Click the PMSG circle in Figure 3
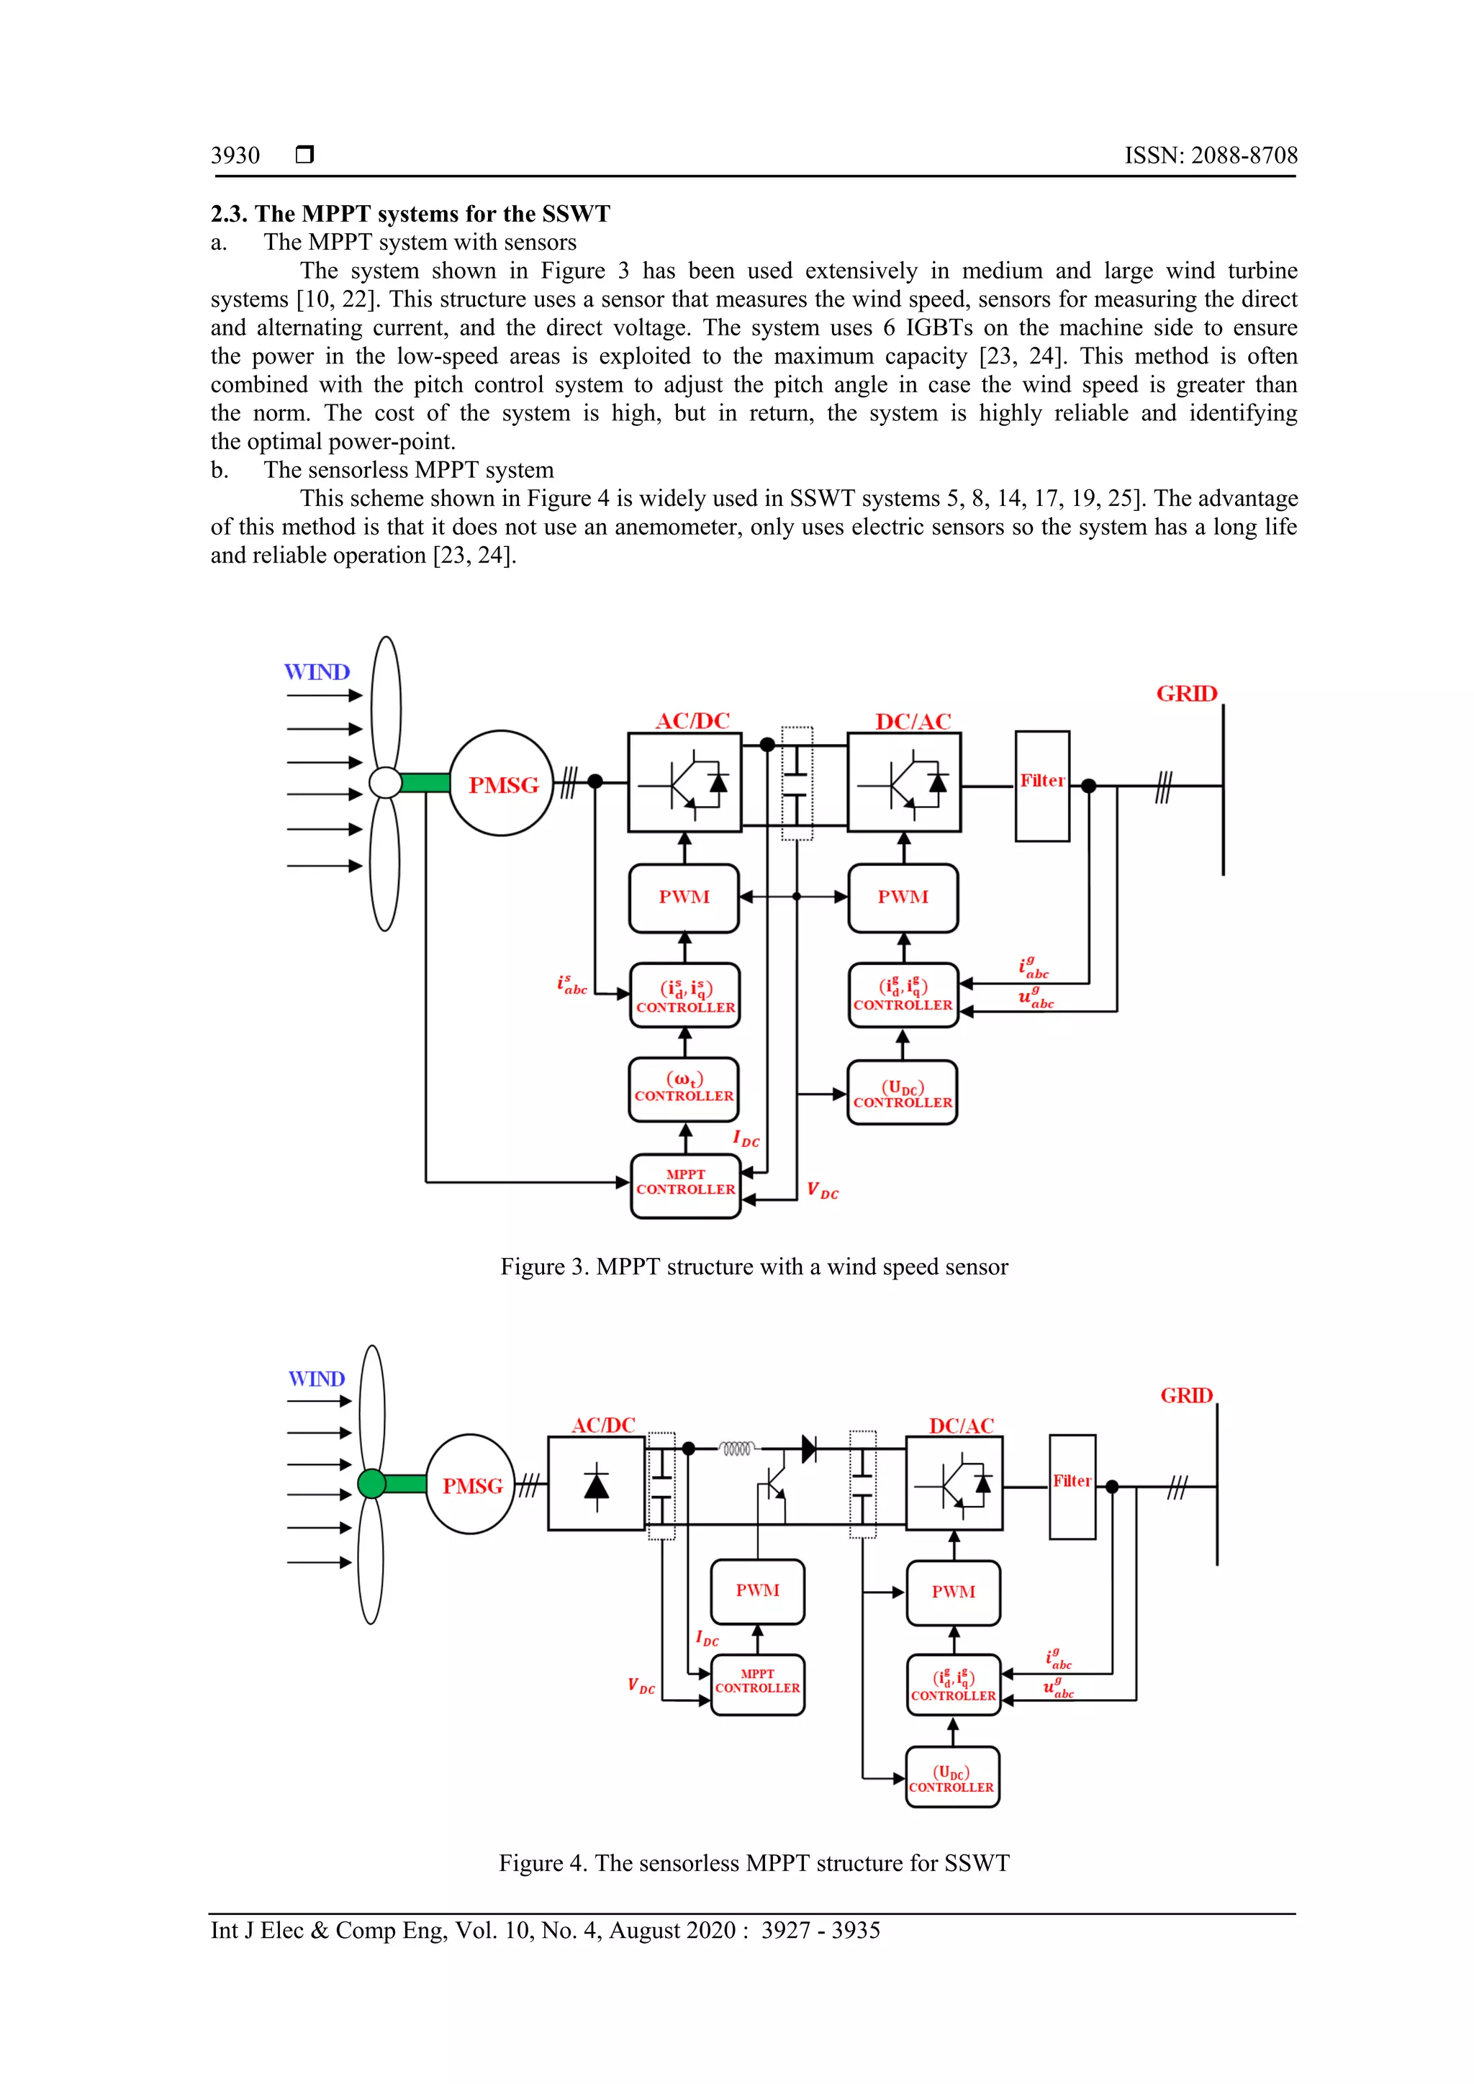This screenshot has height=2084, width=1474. [x=501, y=784]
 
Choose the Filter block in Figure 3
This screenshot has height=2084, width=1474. [x=1042, y=785]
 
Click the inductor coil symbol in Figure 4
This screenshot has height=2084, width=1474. [x=737, y=1449]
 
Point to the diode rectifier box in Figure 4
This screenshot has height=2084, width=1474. [x=597, y=1483]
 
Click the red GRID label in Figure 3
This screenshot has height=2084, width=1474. [x=1186, y=694]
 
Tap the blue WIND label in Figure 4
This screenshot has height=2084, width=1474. [x=317, y=1379]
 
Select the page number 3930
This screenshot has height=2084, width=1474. [x=235, y=155]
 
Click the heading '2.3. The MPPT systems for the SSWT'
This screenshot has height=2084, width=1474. [x=410, y=214]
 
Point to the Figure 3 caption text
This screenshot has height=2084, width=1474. [x=754, y=1267]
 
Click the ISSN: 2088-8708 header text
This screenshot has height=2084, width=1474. [x=1211, y=155]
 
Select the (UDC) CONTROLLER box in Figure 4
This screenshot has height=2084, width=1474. [x=952, y=1777]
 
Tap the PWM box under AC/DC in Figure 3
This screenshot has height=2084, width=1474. [x=684, y=897]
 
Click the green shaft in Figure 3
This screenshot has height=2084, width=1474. [x=425, y=782]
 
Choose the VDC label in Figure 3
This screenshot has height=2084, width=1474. [x=823, y=1191]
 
